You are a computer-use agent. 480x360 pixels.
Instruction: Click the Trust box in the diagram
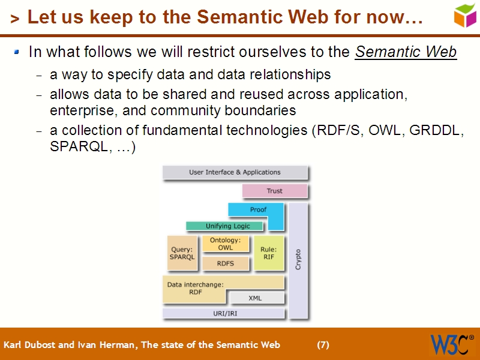274,191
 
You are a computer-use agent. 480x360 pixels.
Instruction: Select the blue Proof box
258,209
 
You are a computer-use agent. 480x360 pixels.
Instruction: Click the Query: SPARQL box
182,253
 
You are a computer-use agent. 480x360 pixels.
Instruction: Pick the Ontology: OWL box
225,244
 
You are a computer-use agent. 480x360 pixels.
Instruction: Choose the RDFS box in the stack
225,263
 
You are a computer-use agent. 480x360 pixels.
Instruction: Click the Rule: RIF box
268,253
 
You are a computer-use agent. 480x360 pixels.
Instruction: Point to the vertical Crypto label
298,259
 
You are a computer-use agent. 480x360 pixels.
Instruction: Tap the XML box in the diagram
255,298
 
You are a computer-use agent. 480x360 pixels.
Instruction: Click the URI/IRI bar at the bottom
223,313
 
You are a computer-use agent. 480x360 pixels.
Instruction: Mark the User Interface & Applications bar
235,172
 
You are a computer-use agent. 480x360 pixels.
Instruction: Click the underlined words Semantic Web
406,52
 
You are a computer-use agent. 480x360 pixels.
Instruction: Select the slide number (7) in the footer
323,345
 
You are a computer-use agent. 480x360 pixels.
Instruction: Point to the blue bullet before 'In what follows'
17,53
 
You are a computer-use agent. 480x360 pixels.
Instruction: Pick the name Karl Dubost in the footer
28,345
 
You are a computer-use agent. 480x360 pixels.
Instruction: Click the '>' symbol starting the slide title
14,19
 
